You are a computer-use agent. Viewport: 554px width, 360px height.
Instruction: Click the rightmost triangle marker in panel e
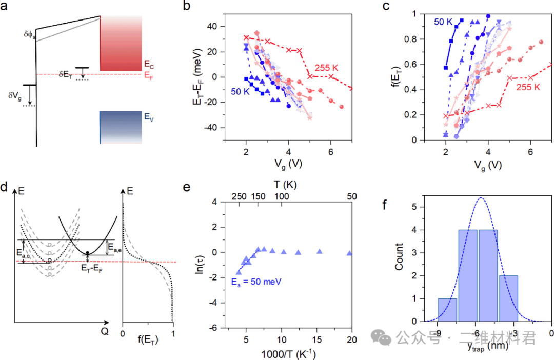349,253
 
